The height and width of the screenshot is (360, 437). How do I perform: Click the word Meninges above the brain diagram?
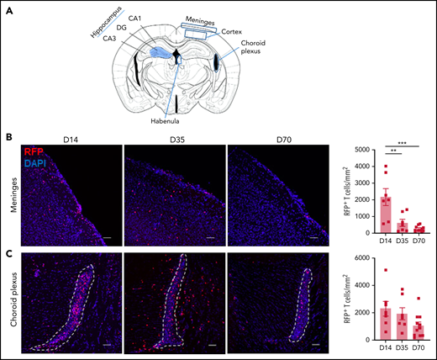(222, 13)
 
